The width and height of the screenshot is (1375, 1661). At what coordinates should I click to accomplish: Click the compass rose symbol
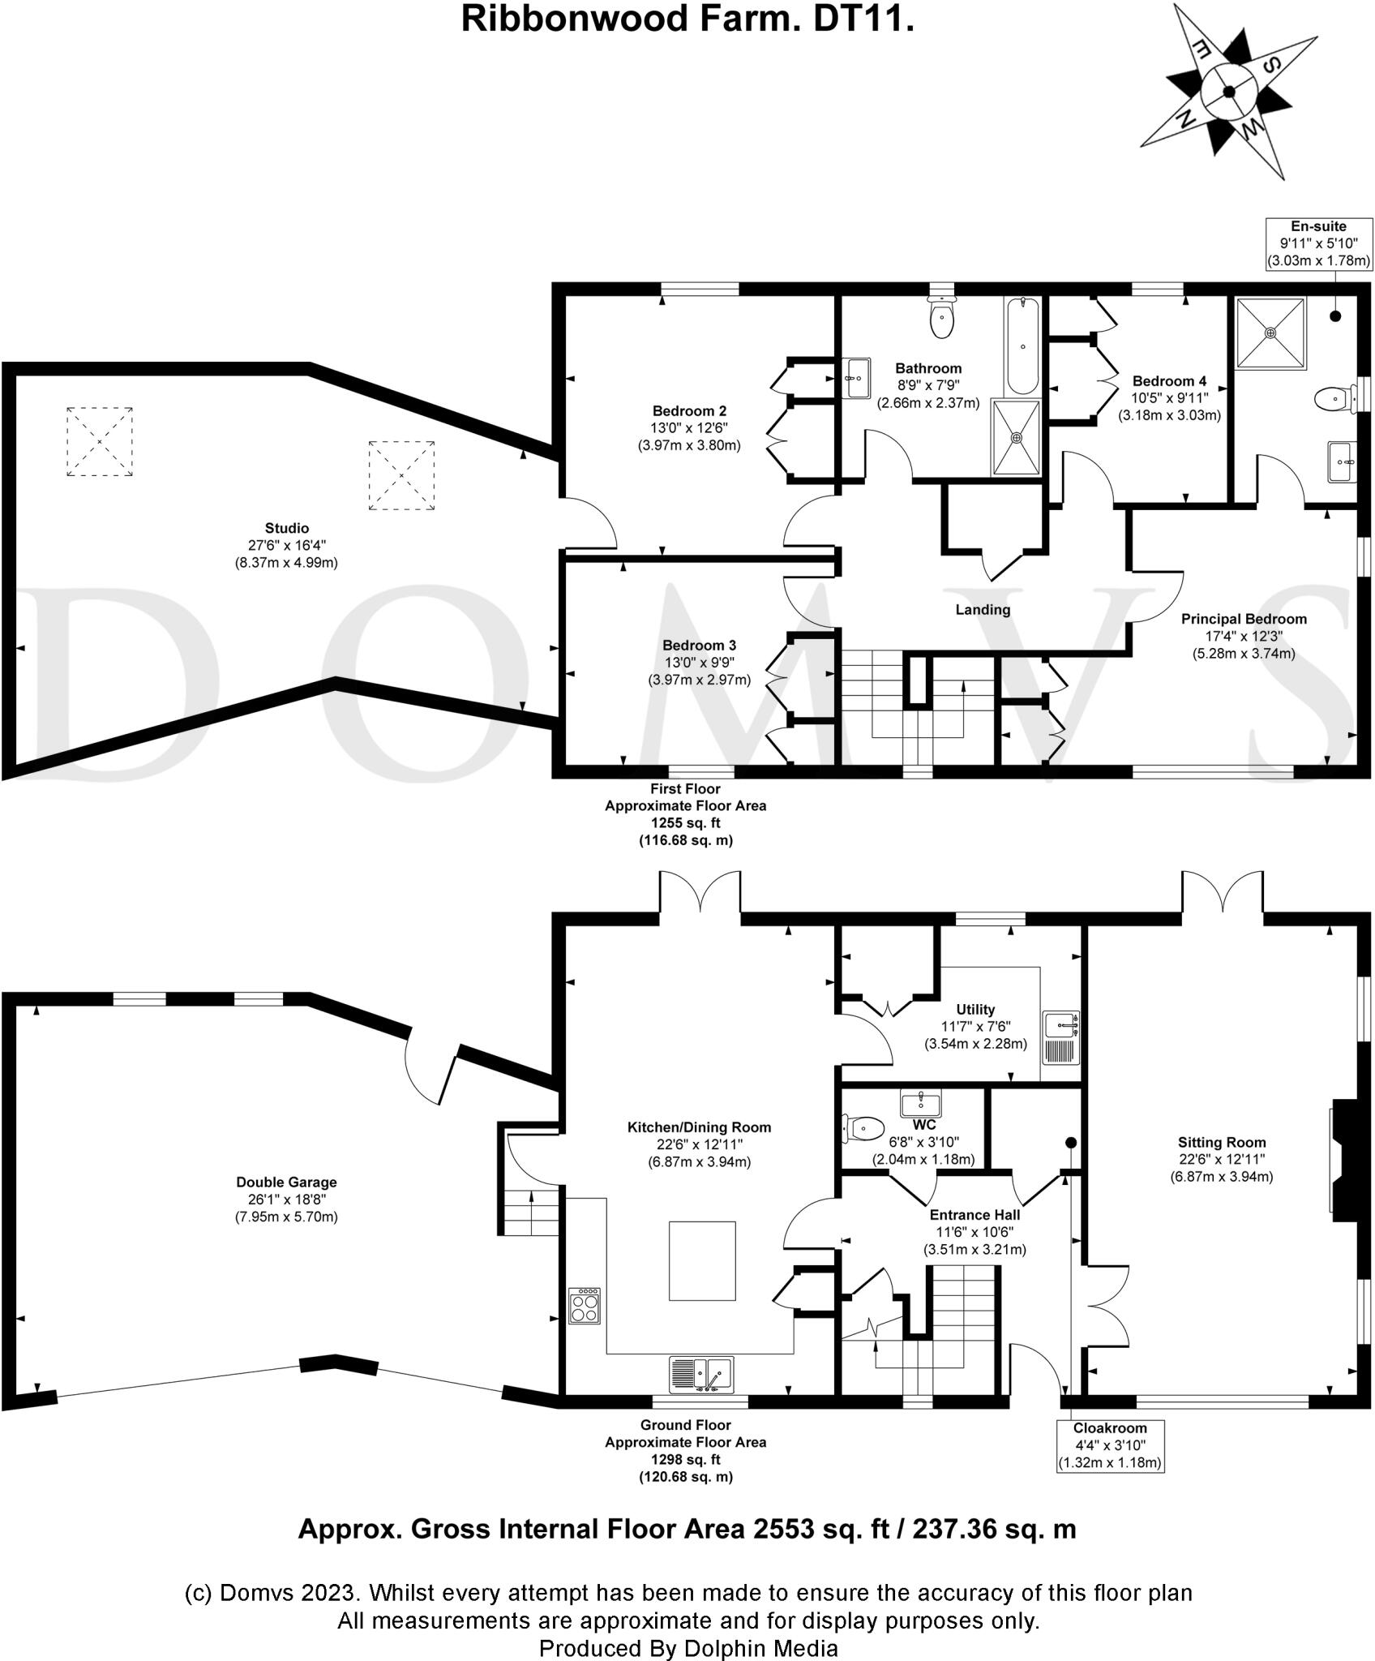tap(1228, 91)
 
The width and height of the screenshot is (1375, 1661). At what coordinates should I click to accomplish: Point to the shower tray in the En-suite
tap(1270, 333)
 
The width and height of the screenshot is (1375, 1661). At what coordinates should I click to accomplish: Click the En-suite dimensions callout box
tap(1318, 243)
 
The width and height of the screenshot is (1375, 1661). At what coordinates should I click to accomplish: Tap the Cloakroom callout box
tap(1110, 1445)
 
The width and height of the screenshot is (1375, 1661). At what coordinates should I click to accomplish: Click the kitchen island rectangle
tap(702, 1261)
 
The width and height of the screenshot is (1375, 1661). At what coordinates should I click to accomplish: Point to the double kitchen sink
tap(701, 1375)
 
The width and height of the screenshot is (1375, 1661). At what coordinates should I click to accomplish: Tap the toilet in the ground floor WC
tap(863, 1127)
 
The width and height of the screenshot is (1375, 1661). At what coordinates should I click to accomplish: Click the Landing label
tap(983, 609)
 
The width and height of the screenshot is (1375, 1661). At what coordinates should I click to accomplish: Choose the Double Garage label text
tap(286, 1182)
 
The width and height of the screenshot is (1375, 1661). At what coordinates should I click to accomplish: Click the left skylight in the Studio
tap(100, 441)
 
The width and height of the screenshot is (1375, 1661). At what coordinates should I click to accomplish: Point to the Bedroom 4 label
tap(1169, 380)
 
